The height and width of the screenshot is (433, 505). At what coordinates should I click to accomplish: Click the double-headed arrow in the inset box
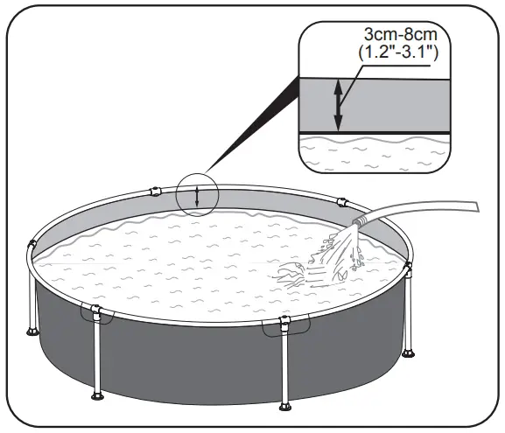click(x=338, y=102)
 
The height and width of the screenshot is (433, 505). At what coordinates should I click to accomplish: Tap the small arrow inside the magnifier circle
click(x=198, y=196)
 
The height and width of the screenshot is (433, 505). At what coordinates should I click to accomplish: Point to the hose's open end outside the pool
click(x=476, y=206)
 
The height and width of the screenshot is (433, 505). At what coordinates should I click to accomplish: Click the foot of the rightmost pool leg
click(x=408, y=354)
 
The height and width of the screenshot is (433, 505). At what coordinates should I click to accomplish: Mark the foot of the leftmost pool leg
click(x=34, y=332)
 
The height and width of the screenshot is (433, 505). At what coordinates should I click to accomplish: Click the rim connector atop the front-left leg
click(x=95, y=312)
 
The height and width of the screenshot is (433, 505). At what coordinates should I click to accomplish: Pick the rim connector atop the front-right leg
click(x=283, y=325)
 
